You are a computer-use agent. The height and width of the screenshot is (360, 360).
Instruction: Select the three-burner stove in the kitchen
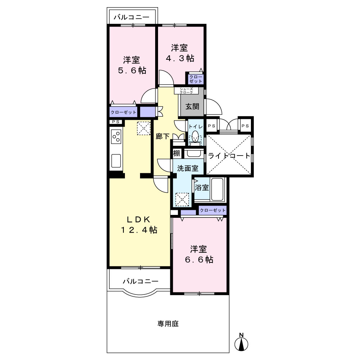pyautogui.click(x=116, y=136)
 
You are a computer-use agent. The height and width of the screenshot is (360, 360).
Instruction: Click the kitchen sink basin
pyautogui.click(x=116, y=161)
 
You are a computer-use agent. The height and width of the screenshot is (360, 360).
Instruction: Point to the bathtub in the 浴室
pyautogui.click(x=217, y=189)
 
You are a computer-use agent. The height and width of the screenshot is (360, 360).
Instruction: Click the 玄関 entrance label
pyautogui.click(x=192, y=106)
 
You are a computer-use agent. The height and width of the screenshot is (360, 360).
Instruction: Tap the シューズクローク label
pyautogui.click(x=186, y=90)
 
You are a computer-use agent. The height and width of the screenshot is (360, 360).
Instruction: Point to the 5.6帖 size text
pyautogui.click(x=132, y=70)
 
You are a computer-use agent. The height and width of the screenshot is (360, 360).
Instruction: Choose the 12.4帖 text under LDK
pyautogui.click(x=139, y=230)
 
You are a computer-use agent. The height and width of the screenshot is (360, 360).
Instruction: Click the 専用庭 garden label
pyautogui.click(x=168, y=324)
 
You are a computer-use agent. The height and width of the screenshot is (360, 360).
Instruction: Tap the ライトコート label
pyautogui.click(x=229, y=156)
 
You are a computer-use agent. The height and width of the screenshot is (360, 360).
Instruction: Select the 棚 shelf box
pyautogui.click(x=177, y=153)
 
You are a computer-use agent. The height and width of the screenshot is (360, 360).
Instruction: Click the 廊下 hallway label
pyautogui.click(x=163, y=136)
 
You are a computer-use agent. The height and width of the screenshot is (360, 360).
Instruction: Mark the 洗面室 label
pyautogui.click(x=188, y=168)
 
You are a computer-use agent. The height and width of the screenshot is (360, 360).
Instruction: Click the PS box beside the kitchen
pyautogui.click(x=116, y=122)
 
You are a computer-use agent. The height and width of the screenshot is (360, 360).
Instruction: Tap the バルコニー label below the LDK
pyautogui.click(x=140, y=281)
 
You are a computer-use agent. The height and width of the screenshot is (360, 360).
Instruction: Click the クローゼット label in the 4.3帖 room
pyautogui.click(x=196, y=79)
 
